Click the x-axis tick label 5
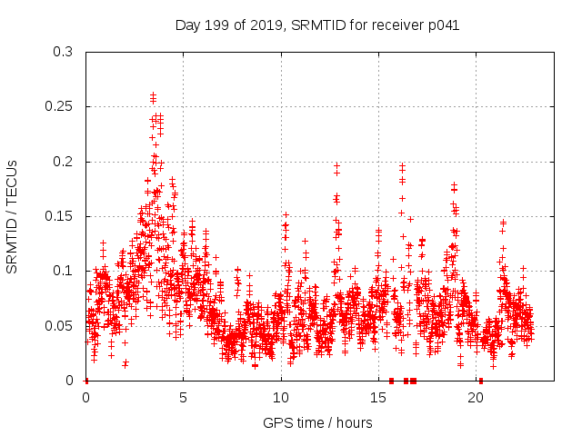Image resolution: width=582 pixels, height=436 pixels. coord(183,397)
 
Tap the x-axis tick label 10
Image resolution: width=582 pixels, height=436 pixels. coord(280,397)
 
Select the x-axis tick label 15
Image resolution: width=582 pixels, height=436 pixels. coord(377,397)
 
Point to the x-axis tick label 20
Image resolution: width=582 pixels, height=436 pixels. coord(475,397)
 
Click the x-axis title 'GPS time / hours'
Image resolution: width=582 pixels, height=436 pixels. coord(318,422)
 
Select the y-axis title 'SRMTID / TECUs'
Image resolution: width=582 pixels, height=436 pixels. coord(13,216)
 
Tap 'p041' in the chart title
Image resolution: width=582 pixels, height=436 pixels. coord(445,25)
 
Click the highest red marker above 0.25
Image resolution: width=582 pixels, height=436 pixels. coord(153,94)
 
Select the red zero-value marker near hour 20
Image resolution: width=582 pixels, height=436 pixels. coord(481,380)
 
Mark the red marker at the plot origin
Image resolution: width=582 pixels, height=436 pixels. coord(86,380)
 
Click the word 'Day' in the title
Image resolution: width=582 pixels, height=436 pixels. coord(186,25)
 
